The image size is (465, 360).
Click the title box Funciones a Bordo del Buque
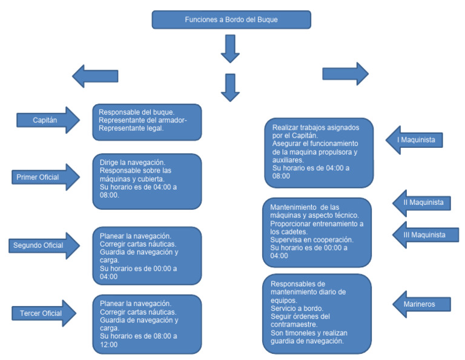point(231,19)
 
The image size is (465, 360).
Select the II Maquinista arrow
point(422,202)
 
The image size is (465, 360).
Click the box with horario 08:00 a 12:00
point(147,324)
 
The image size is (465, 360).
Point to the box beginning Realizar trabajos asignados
point(318,152)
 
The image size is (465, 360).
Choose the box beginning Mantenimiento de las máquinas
point(317,232)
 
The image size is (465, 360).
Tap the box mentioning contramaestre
point(317,313)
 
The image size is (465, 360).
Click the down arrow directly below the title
point(231,48)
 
